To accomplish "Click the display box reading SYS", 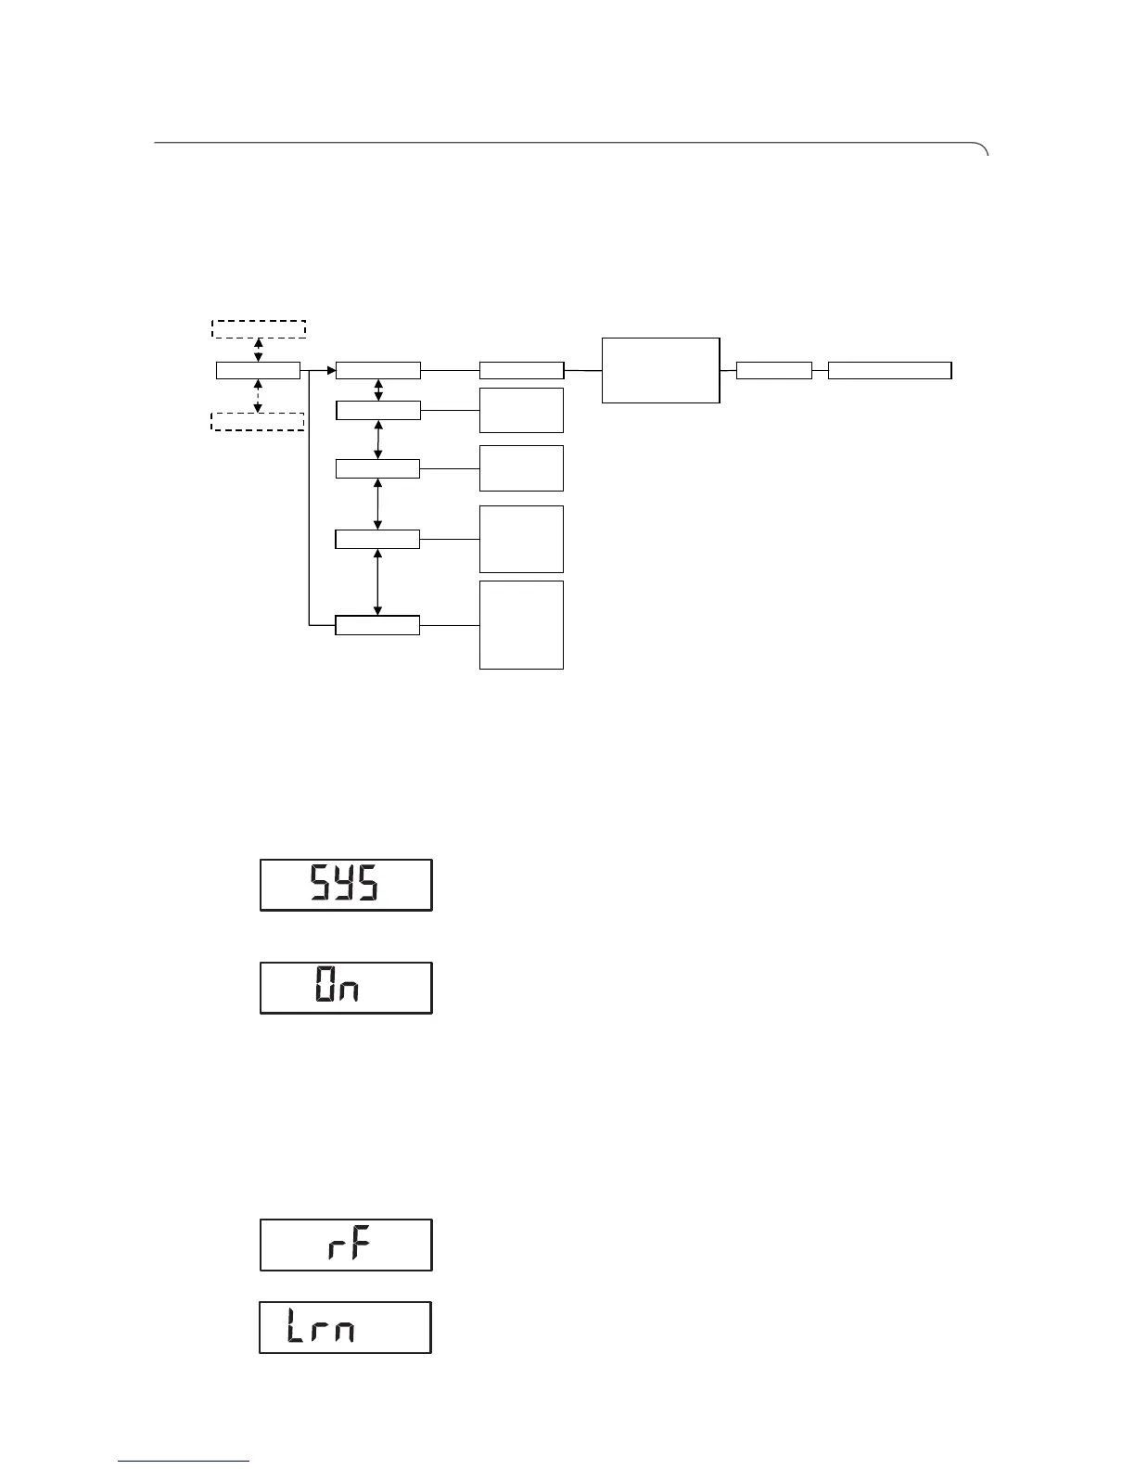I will coord(346,885).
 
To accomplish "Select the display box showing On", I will coord(346,988).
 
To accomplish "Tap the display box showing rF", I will coord(346,1245).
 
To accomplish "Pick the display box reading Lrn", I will coord(345,1327).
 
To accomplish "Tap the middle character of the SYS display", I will coord(342,885).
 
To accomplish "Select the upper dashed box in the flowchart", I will coord(259,329).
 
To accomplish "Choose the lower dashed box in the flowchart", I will coord(258,422).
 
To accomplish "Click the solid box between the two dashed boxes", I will coord(258,371).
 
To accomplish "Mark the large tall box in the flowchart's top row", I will coord(660,370).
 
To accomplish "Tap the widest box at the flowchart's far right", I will coord(889,371).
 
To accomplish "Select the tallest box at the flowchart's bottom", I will coord(521,624).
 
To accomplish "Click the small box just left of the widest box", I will coord(773,371).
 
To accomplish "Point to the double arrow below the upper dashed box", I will coord(259,350).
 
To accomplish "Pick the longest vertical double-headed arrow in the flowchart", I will coord(377,581).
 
